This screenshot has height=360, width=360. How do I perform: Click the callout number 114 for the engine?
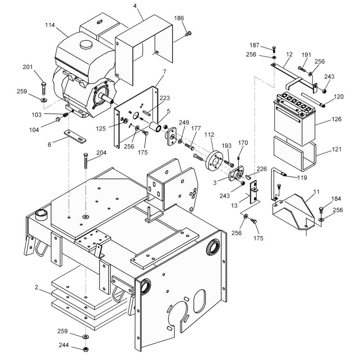(50, 25)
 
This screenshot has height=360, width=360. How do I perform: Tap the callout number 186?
(179, 18)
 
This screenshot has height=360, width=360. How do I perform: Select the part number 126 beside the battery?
(337, 119)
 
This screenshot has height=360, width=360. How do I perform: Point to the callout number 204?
(101, 153)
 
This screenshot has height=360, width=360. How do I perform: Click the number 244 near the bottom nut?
(64, 345)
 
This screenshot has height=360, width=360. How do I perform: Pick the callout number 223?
(165, 98)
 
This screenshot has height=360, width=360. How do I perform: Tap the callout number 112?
(209, 135)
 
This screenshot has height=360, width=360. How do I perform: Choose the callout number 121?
(337, 149)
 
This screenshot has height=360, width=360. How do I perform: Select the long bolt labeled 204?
(86, 161)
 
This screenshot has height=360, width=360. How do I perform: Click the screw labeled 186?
(188, 34)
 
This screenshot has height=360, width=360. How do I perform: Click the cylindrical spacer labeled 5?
(155, 127)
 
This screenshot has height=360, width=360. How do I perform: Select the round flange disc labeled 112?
(213, 161)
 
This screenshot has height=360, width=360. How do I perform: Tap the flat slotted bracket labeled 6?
(75, 136)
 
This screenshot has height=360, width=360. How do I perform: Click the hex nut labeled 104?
(58, 120)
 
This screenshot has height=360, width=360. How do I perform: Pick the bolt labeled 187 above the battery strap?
(274, 49)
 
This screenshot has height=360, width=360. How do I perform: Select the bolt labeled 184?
(321, 211)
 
